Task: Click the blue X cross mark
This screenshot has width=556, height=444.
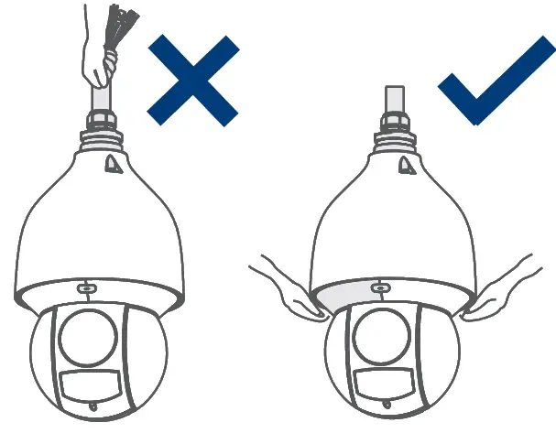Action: [193, 79]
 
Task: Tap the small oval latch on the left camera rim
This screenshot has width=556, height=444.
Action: [84, 288]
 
